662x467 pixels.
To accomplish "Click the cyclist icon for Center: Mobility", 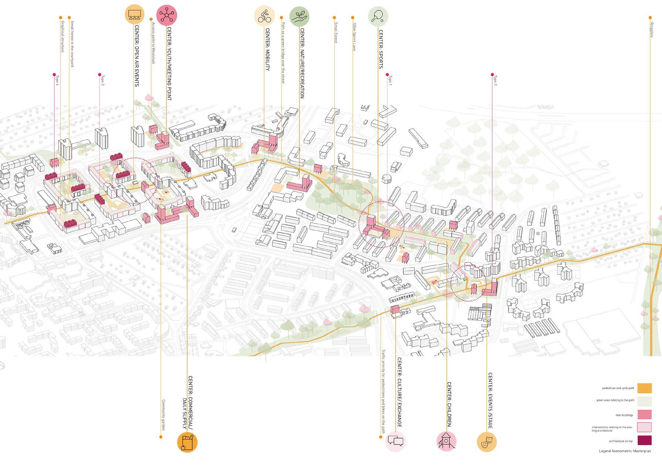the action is click(x=264, y=16).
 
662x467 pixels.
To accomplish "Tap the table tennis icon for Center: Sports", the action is click(x=378, y=16).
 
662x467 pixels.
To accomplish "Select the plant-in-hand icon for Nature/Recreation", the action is click(x=299, y=16).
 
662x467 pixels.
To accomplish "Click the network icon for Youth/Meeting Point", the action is click(x=167, y=15).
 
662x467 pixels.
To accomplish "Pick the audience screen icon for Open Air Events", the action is click(x=135, y=14).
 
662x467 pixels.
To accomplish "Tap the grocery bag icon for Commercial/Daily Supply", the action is click(x=187, y=442).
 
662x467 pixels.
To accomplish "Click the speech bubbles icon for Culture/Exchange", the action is click(x=396, y=441).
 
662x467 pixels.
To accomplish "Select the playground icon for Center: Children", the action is click(x=447, y=441).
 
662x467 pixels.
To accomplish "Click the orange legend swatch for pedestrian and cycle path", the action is click(x=644, y=388).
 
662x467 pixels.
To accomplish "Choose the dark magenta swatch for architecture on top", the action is click(x=644, y=441).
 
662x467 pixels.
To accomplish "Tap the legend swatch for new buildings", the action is click(x=644, y=414).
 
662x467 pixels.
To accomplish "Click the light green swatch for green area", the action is click(x=644, y=401).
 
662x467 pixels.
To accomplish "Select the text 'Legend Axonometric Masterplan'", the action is click(x=625, y=451).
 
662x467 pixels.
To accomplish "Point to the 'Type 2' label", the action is click(x=495, y=80).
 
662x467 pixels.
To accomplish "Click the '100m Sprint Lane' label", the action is click(x=354, y=37).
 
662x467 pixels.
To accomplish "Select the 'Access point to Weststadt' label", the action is click(x=153, y=43).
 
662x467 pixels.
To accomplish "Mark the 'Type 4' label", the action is click(x=57, y=80).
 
